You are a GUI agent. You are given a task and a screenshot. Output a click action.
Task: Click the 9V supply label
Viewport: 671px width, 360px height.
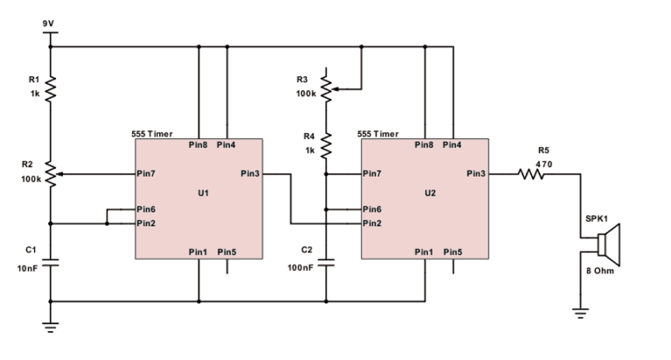[x=48, y=24]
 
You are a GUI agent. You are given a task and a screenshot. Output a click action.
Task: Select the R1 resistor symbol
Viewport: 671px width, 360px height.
[x=51, y=88]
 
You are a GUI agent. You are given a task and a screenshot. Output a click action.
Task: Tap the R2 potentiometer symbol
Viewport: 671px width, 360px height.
[x=52, y=174]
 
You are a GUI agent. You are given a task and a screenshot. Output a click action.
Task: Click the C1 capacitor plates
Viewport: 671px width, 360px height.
[x=51, y=262]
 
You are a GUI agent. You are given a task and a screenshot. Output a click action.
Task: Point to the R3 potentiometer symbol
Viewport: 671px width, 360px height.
[x=327, y=89]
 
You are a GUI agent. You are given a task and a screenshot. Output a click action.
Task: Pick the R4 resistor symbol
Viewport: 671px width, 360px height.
[x=326, y=146]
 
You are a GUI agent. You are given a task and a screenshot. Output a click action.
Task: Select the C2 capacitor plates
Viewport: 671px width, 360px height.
[x=326, y=262]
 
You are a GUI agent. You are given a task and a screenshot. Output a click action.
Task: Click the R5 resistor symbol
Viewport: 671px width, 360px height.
[x=530, y=174]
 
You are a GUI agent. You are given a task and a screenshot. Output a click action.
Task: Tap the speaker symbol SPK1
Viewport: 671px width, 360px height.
[x=608, y=245]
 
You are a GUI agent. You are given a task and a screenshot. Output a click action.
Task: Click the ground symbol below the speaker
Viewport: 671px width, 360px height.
[x=580, y=314]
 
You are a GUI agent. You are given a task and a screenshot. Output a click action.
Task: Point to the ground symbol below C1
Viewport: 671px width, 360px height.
[x=51, y=328]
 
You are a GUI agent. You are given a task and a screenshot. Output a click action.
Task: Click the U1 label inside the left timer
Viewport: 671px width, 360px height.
[x=204, y=193]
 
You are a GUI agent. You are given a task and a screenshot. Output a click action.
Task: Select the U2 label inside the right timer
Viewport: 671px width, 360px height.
[x=430, y=193]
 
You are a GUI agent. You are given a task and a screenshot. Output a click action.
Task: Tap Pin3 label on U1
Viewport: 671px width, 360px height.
[x=250, y=173]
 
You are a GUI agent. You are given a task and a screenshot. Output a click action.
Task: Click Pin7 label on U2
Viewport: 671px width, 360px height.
[x=372, y=173]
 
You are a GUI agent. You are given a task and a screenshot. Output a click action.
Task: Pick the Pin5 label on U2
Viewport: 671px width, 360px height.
[x=453, y=253]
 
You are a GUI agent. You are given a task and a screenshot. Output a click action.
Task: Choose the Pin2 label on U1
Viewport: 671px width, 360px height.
[x=146, y=223]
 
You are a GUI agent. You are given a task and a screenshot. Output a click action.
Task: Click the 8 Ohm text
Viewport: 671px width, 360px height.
[x=600, y=271]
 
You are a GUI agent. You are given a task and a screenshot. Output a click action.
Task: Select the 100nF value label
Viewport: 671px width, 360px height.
[x=301, y=267]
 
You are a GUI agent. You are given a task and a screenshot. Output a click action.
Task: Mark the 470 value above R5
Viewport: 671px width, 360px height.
[x=543, y=164]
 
